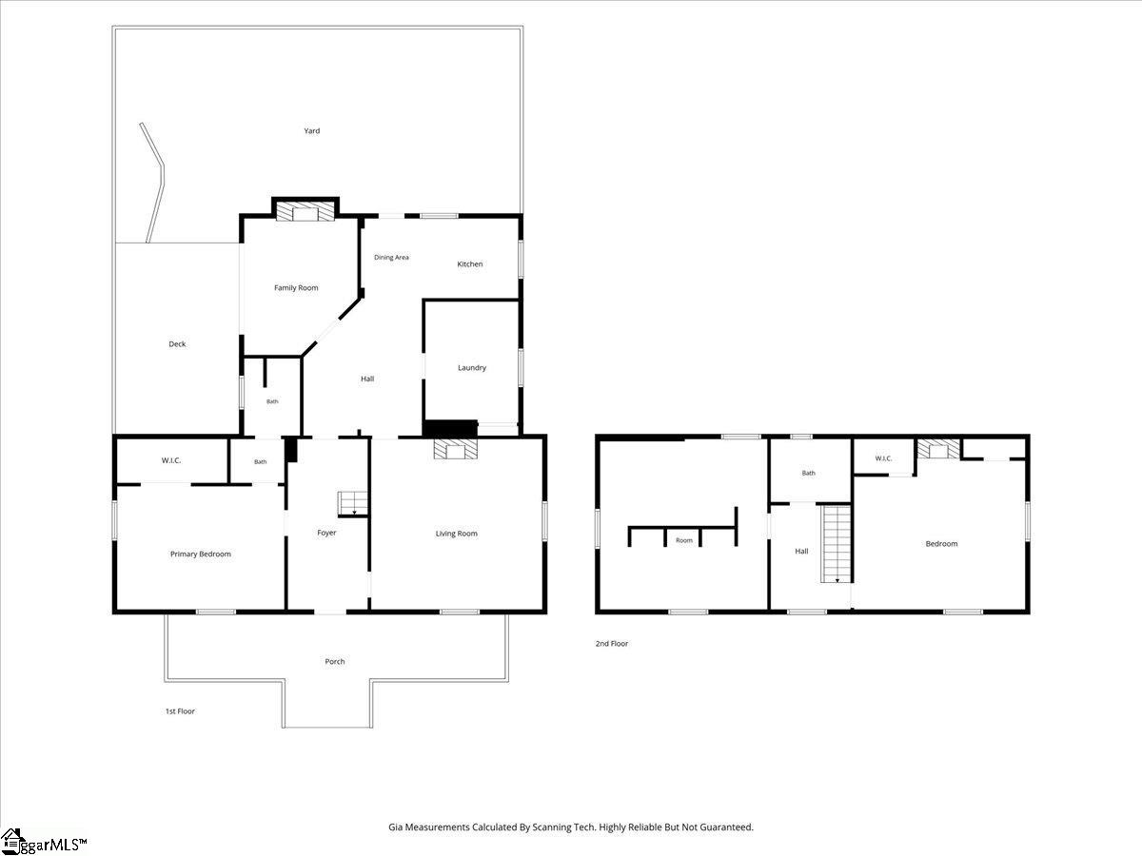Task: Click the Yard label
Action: point(311,131)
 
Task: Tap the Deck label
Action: point(177,344)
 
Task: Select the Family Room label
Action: point(296,288)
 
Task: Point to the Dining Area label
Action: point(391,257)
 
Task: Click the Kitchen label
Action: point(470,264)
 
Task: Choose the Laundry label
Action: point(472,368)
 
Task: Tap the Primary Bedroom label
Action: point(200,554)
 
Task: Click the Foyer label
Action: point(326,533)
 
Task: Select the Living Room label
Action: point(456,534)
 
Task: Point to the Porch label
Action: point(335,662)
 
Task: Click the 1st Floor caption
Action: point(180,711)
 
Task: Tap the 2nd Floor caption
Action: point(612,644)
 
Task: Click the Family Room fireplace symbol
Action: point(305,211)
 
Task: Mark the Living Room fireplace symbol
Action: point(455,449)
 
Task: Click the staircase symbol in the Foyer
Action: point(353,503)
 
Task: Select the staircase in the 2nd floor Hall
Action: point(837,544)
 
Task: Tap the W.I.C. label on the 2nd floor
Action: point(883,458)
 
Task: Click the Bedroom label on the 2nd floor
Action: point(941,544)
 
